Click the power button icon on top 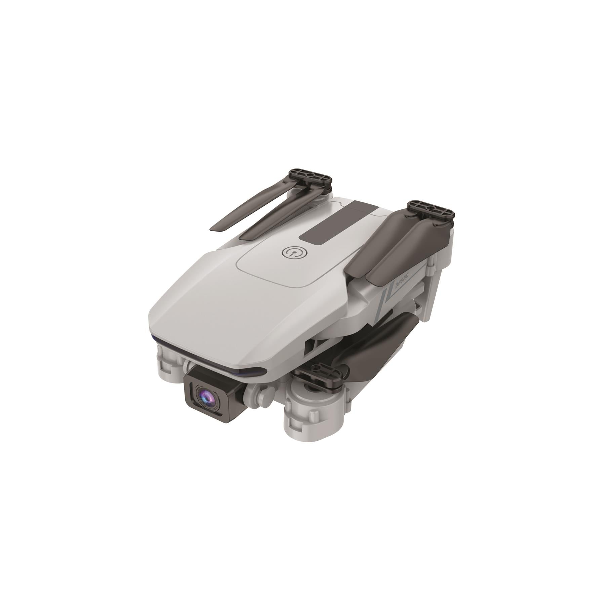292,253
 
